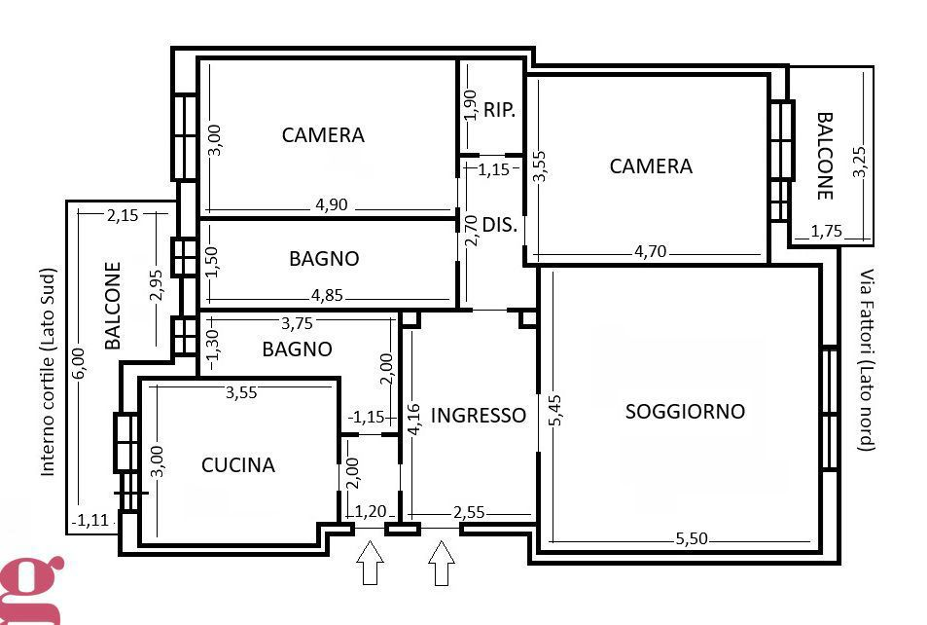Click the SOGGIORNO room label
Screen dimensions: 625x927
point(685,411)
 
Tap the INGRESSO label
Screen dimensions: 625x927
point(478,416)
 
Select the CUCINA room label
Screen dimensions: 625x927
point(238,465)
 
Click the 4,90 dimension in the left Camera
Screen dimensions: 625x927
point(331,205)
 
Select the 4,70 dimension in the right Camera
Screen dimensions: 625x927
point(651,251)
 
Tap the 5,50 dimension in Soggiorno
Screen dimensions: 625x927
point(693,538)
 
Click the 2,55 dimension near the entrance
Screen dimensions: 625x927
point(470,512)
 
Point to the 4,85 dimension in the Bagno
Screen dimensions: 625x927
point(328,296)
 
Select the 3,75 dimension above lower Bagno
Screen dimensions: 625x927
point(298,323)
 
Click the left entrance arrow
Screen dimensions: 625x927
point(370,564)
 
